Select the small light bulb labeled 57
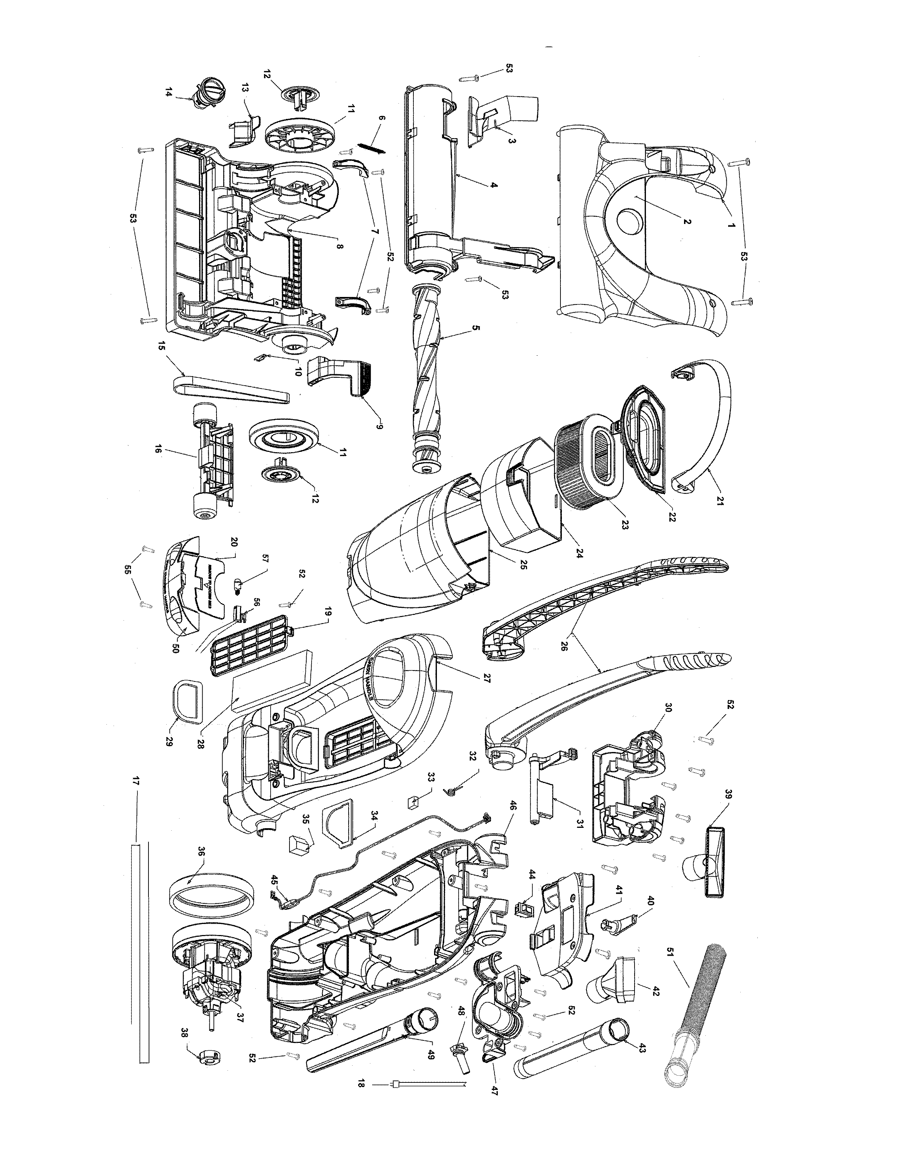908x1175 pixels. [x=238, y=583]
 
